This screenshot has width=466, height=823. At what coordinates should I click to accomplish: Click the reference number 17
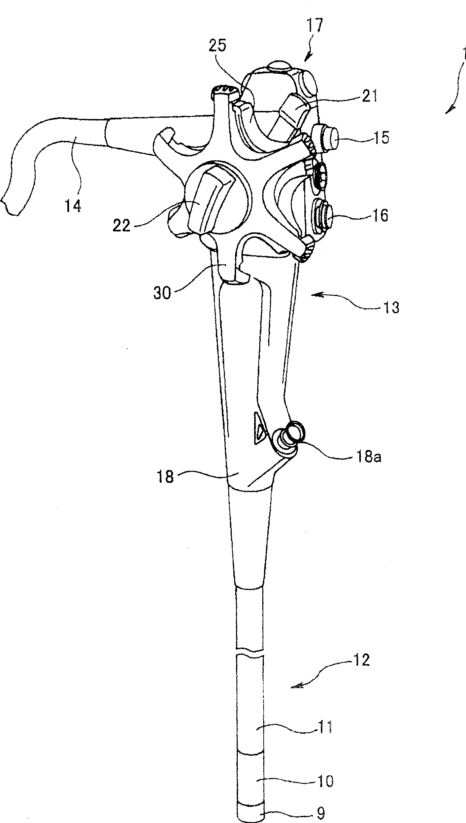(x=315, y=26)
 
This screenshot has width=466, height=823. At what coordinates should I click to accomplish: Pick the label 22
(x=122, y=226)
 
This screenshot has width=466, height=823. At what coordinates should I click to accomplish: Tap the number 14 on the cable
(x=72, y=206)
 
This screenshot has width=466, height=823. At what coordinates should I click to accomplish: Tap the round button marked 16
(x=324, y=217)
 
